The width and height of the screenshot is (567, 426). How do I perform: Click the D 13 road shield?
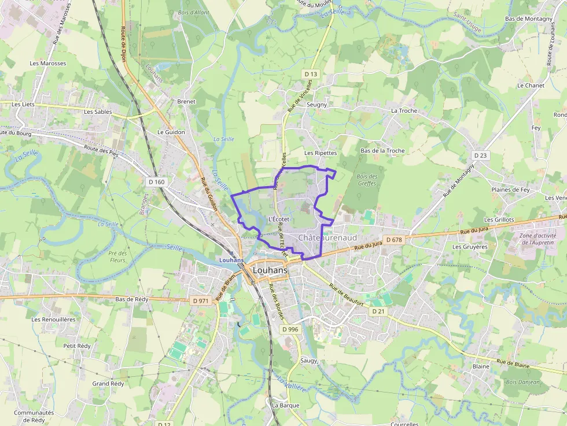(x=311, y=74)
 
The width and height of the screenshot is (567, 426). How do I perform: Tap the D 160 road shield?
(x=156, y=182)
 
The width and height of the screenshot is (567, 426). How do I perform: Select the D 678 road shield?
(x=393, y=240)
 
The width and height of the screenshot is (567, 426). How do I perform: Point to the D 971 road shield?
(x=200, y=301)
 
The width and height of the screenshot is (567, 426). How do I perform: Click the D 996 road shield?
(x=290, y=329)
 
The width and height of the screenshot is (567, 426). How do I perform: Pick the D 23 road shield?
(x=480, y=155)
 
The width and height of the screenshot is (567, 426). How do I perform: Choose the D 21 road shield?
(x=378, y=311)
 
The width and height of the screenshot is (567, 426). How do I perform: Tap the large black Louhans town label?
(x=270, y=271)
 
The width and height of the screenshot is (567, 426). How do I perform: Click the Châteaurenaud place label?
(x=327, y=238)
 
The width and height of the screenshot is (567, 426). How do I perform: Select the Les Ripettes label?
(x=321, y=153)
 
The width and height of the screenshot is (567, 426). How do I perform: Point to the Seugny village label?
(x=316, y=105)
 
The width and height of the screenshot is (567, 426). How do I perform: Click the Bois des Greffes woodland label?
(x=367, y=180)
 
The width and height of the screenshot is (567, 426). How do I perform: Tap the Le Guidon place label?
(x=171, y=132)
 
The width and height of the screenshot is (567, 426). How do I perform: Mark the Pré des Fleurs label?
(x=117, y=257)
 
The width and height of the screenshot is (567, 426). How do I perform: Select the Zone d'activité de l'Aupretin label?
(x=537, y=239)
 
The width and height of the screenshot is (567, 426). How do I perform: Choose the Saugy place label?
(x=309, y=360)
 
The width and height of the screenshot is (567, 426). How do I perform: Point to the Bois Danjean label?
(x=522, y=381)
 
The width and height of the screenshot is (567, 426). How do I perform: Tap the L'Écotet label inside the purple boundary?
(x=279, y=219)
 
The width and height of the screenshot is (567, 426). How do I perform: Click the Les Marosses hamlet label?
(x=48, y=64)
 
